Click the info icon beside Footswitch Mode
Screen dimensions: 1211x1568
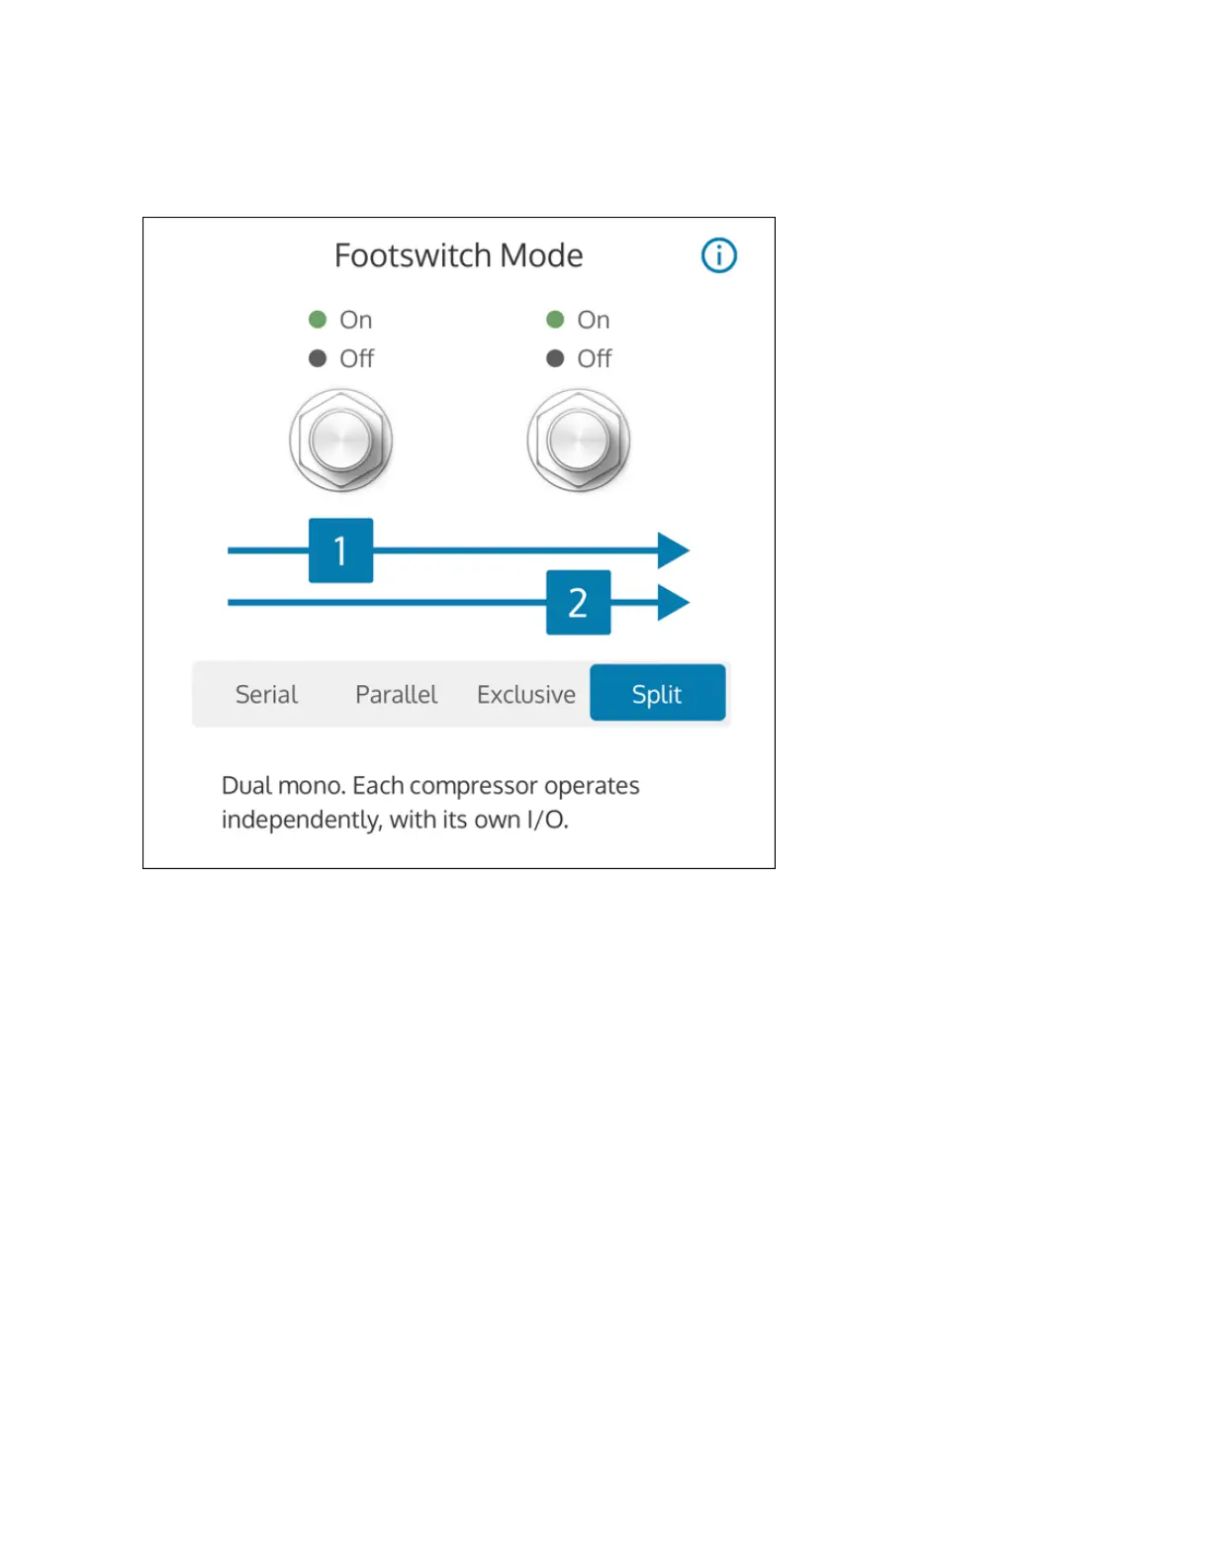719,255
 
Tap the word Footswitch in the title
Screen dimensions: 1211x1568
414,255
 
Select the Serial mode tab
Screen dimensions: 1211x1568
266,694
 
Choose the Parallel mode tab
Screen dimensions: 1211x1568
396,694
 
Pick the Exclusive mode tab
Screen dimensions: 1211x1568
525,694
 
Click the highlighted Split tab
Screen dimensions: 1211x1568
657,693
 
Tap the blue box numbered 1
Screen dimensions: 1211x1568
340,550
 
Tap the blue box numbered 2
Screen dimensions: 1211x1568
578,602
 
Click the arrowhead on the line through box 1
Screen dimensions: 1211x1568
673,550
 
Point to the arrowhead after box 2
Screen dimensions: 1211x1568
673,602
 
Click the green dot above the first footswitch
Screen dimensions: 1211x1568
318,320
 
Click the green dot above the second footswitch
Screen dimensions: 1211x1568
555,320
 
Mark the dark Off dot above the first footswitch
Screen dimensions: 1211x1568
318,358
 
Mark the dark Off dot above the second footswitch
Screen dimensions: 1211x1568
555,358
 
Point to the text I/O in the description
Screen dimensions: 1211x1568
546,820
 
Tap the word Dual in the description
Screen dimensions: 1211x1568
245,786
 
